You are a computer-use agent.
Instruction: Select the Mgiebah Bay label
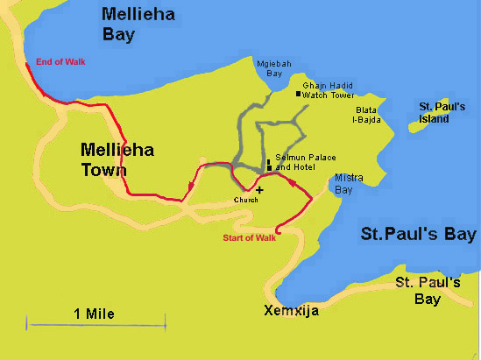(268, 68)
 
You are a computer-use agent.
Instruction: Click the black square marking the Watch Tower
(298, 93)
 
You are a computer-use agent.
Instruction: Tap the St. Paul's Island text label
(438, 111)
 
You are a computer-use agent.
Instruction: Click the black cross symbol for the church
(259, 189)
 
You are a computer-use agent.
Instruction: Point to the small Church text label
(245, 201)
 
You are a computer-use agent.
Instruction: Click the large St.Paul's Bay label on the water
(418, 234)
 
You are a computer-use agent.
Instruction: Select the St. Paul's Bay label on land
(428, 291)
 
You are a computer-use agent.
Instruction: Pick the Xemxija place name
(291, 311)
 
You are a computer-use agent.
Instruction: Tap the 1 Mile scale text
(94, 313)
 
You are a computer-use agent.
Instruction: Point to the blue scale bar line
(96, 327)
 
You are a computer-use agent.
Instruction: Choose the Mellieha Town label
(117, 159)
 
